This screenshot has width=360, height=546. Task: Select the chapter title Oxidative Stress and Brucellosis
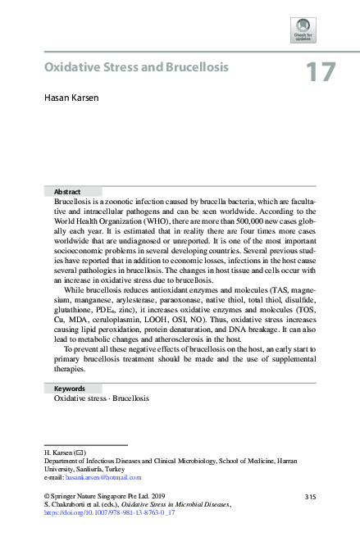[x=135, y=66]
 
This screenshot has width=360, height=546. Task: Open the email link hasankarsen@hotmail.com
[x=106, y=477]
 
